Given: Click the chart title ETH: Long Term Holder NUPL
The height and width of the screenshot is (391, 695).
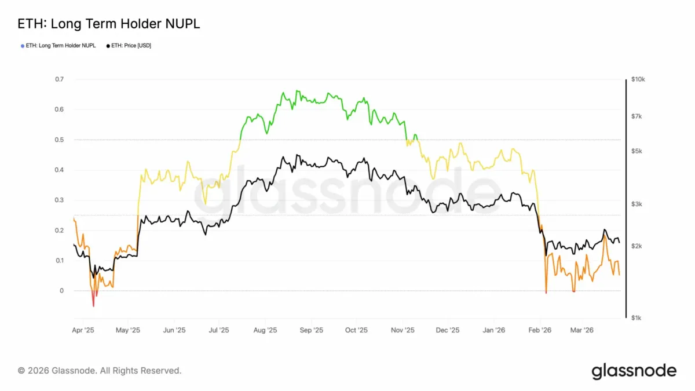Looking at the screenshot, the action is click(x=109, y=24).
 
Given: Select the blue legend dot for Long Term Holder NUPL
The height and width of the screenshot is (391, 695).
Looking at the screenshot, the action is click(x=23, y=46).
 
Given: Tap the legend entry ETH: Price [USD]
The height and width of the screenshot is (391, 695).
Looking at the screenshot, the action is click(x=129, y=46).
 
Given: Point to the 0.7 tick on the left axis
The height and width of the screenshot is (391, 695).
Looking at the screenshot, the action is click(x=60, y=79).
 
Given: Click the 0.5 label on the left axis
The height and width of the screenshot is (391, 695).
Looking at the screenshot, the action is click(x=60, y=140).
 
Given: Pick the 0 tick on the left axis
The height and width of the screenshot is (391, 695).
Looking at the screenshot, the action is click(x=62, y=291).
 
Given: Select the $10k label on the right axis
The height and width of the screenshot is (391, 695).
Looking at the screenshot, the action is click(x=638, y=79).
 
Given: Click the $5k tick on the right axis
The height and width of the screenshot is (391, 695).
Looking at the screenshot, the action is click(x=637, y=151).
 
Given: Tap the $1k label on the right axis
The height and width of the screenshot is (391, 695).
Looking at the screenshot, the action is click(x=637, y=318).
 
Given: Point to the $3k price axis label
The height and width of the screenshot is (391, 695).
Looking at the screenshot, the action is click(x=637, y=204).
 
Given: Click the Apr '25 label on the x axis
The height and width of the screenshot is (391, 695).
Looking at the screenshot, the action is click(x=83, y=330).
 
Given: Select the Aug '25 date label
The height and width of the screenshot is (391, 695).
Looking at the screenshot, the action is click(x=265, y=330).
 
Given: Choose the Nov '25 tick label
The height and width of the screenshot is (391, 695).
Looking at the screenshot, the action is click(x=403, y=330).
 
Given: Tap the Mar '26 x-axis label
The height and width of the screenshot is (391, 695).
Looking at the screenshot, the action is click(x=581, y=330).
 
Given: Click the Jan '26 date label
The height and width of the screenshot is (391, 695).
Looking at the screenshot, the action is click(x=493, y=330).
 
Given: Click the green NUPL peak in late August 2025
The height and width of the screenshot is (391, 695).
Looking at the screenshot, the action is click(x=297, y=90).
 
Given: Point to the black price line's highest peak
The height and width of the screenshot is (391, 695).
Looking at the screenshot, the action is click(x=297, y=155).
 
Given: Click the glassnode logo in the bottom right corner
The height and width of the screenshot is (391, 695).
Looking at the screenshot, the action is click(x=634, y=371).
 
